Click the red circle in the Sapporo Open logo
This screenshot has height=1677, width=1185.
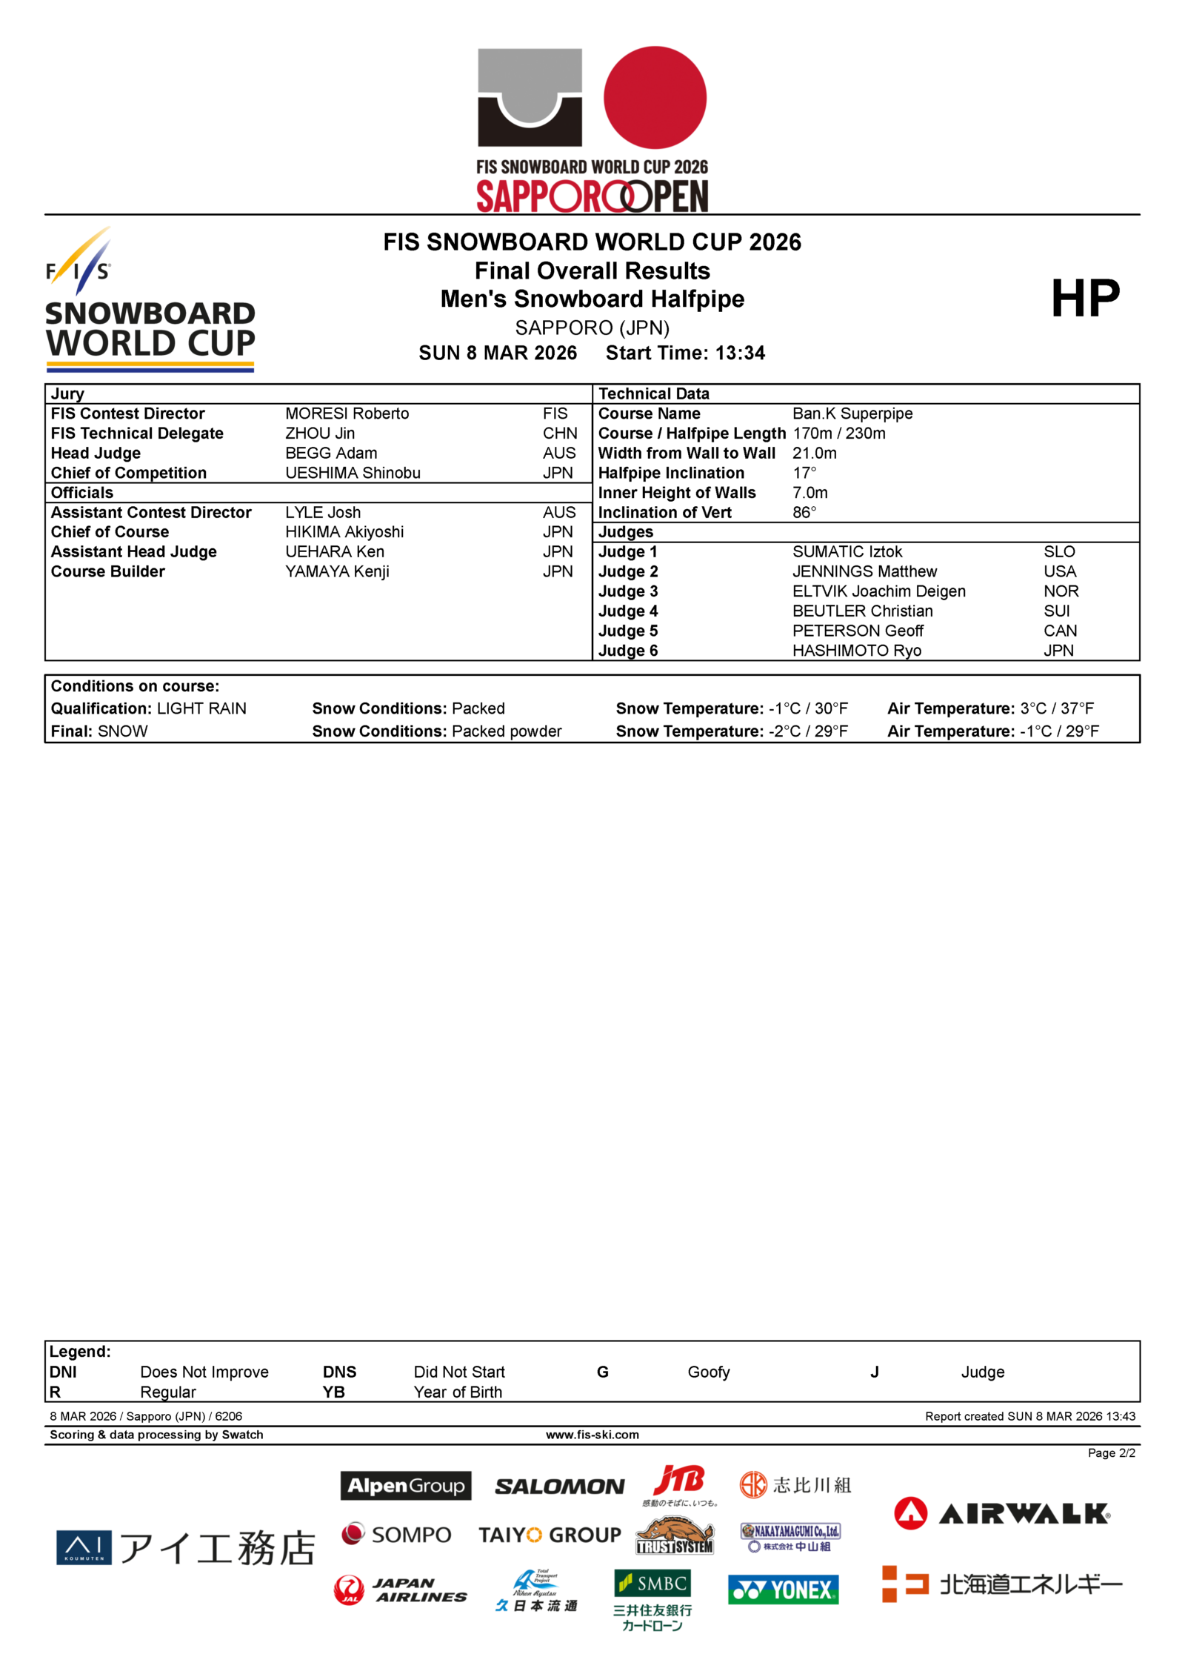tap(655, 97)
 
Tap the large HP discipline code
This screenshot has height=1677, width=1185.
tap(1085, 299)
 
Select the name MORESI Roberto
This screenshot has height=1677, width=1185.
tap(347, 414)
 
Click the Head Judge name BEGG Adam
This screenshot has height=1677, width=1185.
tap(331, 453)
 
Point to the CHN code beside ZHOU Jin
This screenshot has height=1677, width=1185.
tap(559, 434)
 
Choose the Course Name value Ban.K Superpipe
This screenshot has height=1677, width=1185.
tap(852, 414)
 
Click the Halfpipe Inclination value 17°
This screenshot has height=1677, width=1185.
tap(804, 473)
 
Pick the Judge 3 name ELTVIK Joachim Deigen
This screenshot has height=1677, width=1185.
tap(878, 591)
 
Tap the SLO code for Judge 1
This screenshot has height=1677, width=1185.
tap(1059, 552)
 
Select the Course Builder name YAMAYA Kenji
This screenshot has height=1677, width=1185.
tap(337, 572)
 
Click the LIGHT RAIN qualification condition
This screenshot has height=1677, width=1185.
tap(201, 708)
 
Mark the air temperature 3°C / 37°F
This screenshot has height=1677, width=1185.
tap(1056, 708)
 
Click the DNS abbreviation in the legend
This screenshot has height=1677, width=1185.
tap(339, 1372)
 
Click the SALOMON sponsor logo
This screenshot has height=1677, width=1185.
tap(559, 1487)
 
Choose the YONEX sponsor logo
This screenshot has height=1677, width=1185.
tap(783, 1590)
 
